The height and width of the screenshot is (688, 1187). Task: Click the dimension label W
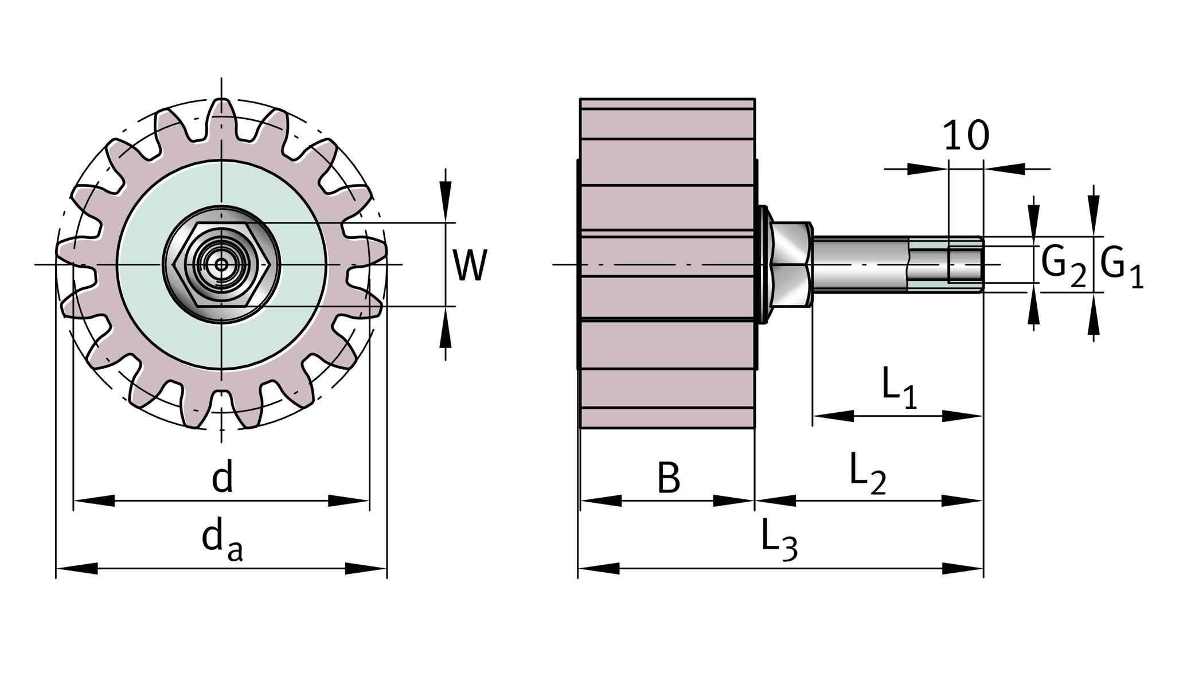pyautogui.click(x=470, y=265)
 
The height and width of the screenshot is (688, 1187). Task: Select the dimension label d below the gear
pyautogui.click(x=222, y=479)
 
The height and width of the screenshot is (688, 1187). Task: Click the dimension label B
pyautogui.click(x=668, y=478)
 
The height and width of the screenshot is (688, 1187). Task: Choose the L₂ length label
pyautogui.click(x=866, y=474)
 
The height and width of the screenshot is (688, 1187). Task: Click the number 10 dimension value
pyautogui.click(x=966, y=136)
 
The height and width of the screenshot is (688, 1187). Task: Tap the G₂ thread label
pyautogui.click(x=1063, y=267)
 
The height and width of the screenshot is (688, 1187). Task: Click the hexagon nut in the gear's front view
pyautogui.click(x=222, y=264)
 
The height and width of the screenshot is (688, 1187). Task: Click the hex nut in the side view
pyautogui.click(x=791, y=264)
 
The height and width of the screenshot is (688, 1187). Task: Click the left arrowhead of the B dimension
pyautogui.click(x=600, y=501)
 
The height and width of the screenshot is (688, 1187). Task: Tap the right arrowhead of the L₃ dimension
pyautogui.click(x=963, y=569)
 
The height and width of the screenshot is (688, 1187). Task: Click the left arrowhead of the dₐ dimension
pyautogui.click(x=77, y=569)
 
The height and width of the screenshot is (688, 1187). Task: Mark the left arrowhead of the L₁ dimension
pyautogui.click(x=833, y=416)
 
